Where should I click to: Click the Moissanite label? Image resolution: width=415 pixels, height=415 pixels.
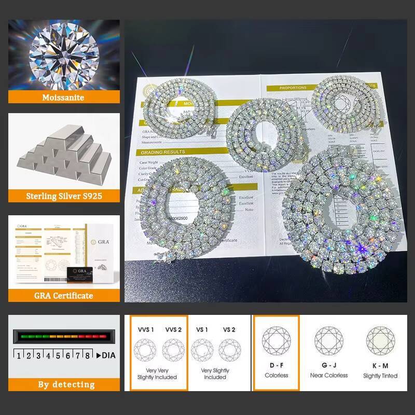click(x=64, y=97)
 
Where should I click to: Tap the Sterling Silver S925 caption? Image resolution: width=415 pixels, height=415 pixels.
click(x=64, y=196)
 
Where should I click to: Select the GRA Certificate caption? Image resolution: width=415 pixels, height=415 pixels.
click(x=64, y=295)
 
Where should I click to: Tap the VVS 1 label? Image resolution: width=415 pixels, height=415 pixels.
click(x=146, y=329)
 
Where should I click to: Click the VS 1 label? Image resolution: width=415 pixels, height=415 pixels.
click(x=201, y=329)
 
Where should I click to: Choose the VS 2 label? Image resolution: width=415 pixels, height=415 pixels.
click(x=229, y=329)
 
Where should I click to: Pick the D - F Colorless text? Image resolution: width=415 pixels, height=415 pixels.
click(x=276, y=370)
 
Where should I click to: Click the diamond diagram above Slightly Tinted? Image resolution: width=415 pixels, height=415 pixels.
click(x=380, y=340)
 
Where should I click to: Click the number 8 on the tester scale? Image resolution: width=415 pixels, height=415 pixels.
click(x=87, y=355)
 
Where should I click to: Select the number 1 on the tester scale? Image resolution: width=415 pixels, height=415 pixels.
click(x=19, y=355)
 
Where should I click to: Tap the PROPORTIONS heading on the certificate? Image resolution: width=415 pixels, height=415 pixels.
click(x=294, y=88)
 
